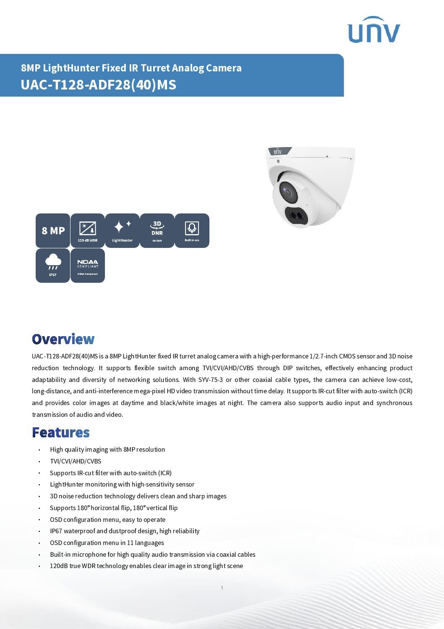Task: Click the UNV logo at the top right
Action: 373,30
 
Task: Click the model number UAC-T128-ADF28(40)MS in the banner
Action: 99,85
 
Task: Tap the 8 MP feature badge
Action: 53,231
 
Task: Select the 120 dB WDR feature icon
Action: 87,231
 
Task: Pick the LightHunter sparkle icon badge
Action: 122,231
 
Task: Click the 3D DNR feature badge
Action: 157,231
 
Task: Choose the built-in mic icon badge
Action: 192,231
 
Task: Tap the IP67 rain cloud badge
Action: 53,266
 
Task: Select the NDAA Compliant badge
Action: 87,266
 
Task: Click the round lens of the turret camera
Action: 288,192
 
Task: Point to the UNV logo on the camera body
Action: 278,152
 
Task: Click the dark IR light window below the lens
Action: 297,216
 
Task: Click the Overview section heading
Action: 63,339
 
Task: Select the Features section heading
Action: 61,432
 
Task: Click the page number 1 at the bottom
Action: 222,588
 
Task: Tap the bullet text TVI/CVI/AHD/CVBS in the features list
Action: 76,461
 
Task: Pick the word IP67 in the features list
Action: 56,531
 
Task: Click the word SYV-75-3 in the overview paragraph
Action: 211,379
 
